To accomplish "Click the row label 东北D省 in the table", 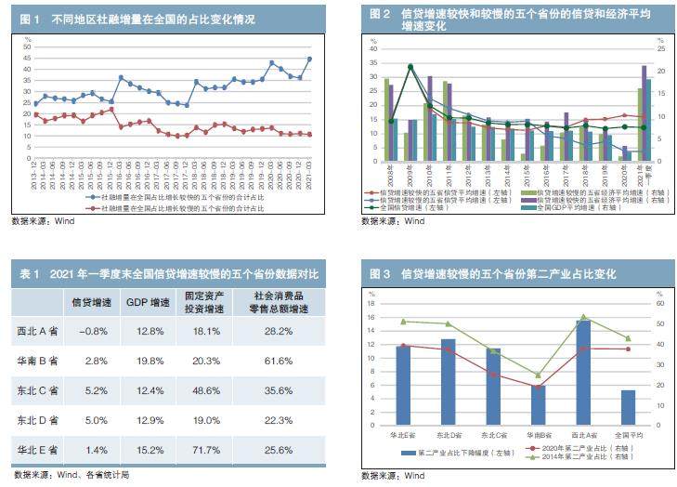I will pos(38,420).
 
